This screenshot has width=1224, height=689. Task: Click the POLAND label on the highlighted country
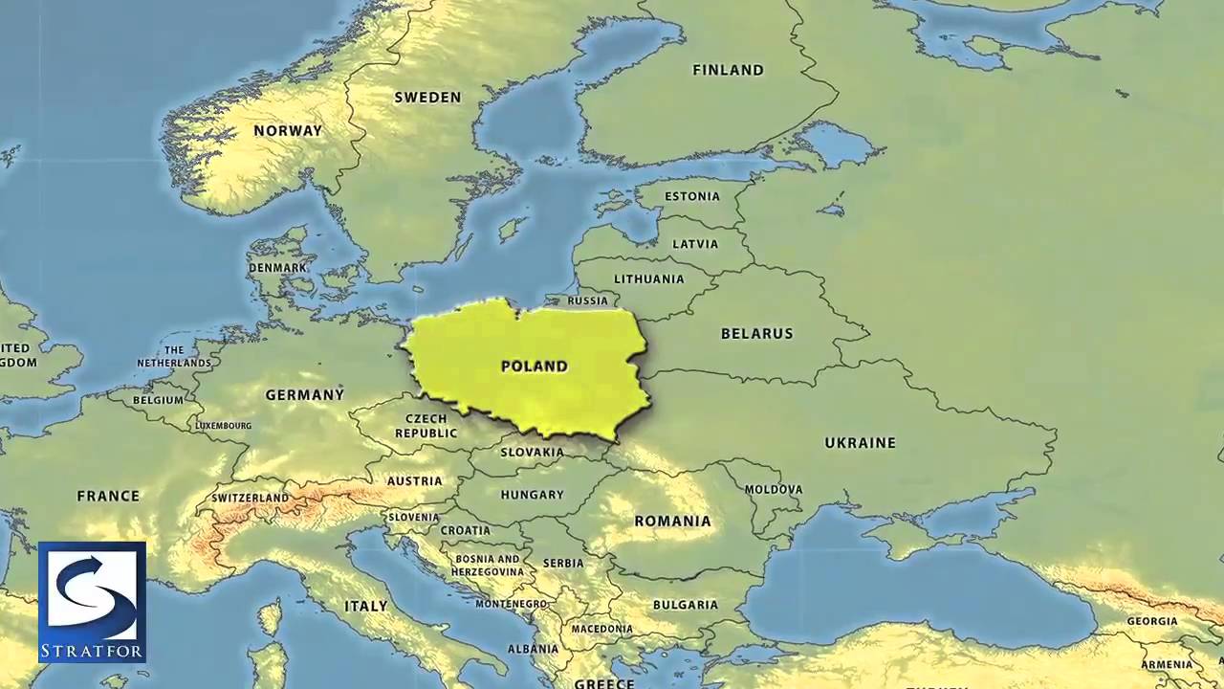(x=534, y=366)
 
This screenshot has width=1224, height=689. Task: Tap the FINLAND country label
(x=728, y=70)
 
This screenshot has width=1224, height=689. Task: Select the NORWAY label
(x=287, y=130)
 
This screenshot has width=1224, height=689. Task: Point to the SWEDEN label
(x=427, y=97)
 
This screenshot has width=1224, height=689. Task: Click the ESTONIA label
(x=691, y=196)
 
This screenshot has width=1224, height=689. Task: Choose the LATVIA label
(x=695, y=244)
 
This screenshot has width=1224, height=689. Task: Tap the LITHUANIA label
(x=649, y=278)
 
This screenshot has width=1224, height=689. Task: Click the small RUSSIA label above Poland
(x=587, y=300)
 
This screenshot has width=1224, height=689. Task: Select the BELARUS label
(x=756, y=333)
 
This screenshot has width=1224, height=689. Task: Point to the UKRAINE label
(x=860, y=442)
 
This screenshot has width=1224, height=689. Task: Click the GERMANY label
(x=304, y=394)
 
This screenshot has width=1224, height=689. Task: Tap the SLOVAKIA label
(x=532, y=452)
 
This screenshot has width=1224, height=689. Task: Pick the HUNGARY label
(x=532, y=495)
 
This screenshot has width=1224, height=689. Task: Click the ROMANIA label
(x=672, y=521)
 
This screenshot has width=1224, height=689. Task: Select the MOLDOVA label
(x=773, y=489)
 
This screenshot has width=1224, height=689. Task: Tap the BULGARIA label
(x=685, y=605)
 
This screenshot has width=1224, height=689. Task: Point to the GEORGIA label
(x=1151, y=621)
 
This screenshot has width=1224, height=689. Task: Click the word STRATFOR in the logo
(x=92, y=653)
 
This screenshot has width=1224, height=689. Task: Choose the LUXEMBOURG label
(x=224, y=425)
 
